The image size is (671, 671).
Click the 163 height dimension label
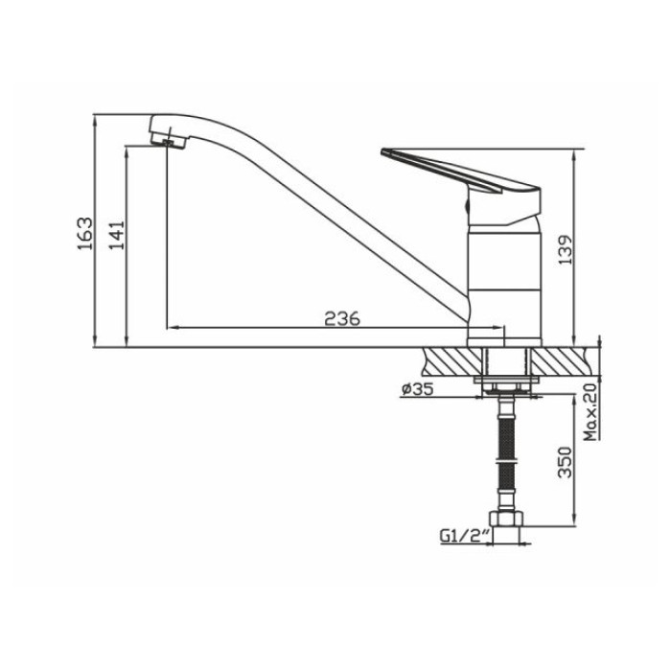pyautogui.click(x=84, y=234)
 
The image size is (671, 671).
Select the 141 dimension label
pyautogui.click(x=116, y=235)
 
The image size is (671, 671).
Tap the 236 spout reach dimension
pyautogui.click(x=342, y=319)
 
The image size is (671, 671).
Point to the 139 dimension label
pyautogui.click(x=566, y=249)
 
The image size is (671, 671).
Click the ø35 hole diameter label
pyautogui.click(x=417, y=388)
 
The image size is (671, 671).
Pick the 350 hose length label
pyautogui.click(x=566, y=462)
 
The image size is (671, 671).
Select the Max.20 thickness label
pyautogui.click(x=590, y=412)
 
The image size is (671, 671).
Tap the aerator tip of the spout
pyautogui.click(x=168, y=142)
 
